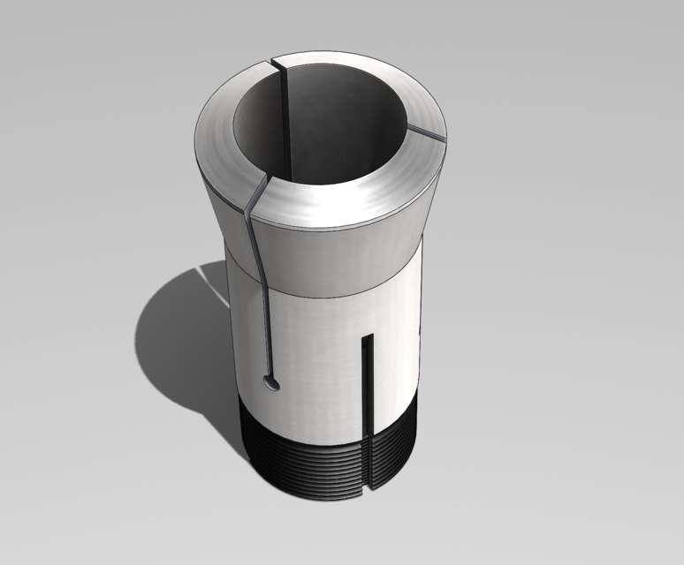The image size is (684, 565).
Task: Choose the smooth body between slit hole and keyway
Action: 318,371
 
